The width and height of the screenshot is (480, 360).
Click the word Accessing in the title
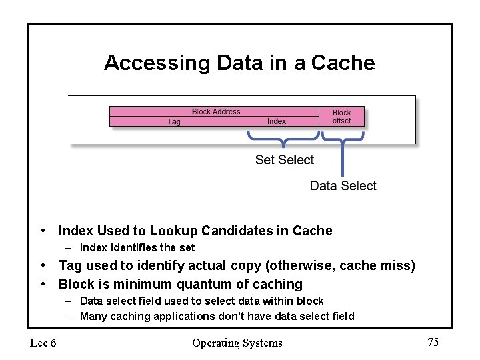tap(157, 63)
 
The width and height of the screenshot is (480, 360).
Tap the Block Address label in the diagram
tap(216, 111)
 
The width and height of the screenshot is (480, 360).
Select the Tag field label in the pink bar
tap(174, 121)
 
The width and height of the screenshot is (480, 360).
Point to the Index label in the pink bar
tap(277, 121)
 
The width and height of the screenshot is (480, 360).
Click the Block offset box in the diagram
tap(341, 117)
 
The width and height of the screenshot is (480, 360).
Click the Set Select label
tap(285, 159)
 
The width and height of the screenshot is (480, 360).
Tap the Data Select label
tap(343, 185)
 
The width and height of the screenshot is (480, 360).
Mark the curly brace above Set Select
tap(284, 140)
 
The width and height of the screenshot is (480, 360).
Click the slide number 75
tap(433, 342)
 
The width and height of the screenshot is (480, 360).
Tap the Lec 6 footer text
tap(43, 343)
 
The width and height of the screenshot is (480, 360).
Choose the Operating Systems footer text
tap(237, 343)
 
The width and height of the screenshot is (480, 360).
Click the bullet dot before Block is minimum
tap(43, 284)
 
